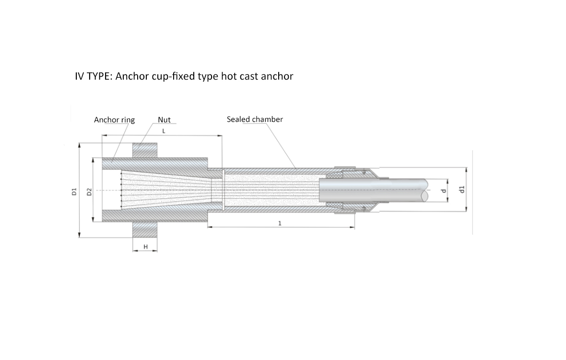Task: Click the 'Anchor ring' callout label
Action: [x=114, y=120]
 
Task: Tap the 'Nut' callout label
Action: [x=164, y=120]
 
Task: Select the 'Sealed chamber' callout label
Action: [x=255, y=119]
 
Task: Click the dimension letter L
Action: [x=164, y=131]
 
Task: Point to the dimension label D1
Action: [x=74, y=192]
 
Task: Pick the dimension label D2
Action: [x=89, y=192]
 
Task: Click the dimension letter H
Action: [x=146, y=247]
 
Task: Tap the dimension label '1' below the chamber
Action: [x=280, y=223]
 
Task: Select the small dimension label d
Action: [x=444, y=191]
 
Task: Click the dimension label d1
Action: [x=461, y=189]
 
